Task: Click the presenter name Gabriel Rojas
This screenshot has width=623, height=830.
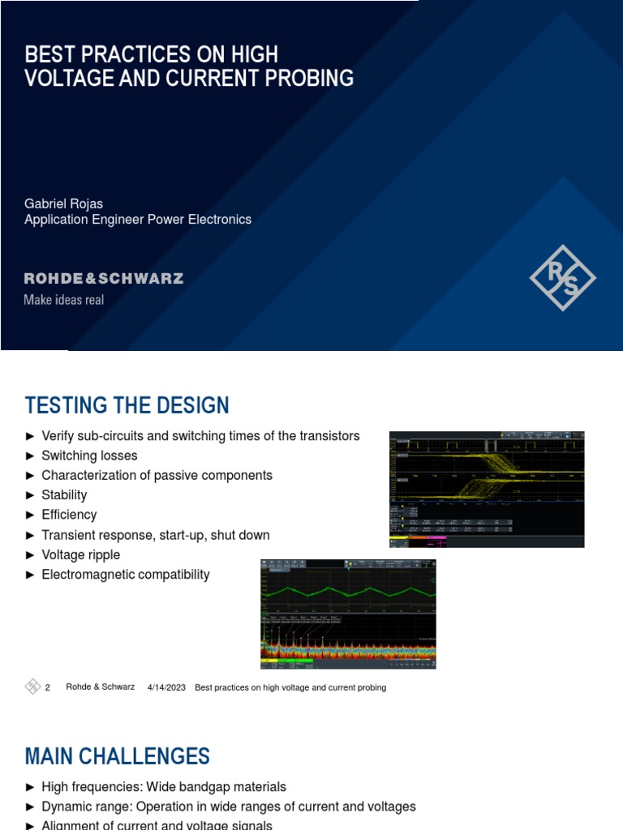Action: point(64,203)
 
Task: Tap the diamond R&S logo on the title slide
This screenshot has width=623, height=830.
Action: point(562,277)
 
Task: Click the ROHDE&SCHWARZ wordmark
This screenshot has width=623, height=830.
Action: point(104,279)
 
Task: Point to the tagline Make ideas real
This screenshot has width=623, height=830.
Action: point(64,300)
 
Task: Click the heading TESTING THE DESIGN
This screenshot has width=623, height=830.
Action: point(127,405)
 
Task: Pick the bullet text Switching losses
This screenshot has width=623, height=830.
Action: point(89,456)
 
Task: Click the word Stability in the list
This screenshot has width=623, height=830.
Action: point(64,494)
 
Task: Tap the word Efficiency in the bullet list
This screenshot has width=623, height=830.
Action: point(69,515)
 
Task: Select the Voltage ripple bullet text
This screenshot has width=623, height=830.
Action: point(80,554)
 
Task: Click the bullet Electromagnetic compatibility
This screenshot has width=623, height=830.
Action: point(126,575)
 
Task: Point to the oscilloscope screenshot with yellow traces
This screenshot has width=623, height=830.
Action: point(487,489)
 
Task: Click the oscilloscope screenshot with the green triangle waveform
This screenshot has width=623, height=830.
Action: point(348,614)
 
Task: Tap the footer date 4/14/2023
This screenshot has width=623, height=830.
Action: point(166,687)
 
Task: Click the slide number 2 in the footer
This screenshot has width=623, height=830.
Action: point(48,687)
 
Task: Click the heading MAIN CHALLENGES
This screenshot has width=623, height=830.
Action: point(118,756)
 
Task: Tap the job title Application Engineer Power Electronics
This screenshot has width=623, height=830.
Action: point(138,220)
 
